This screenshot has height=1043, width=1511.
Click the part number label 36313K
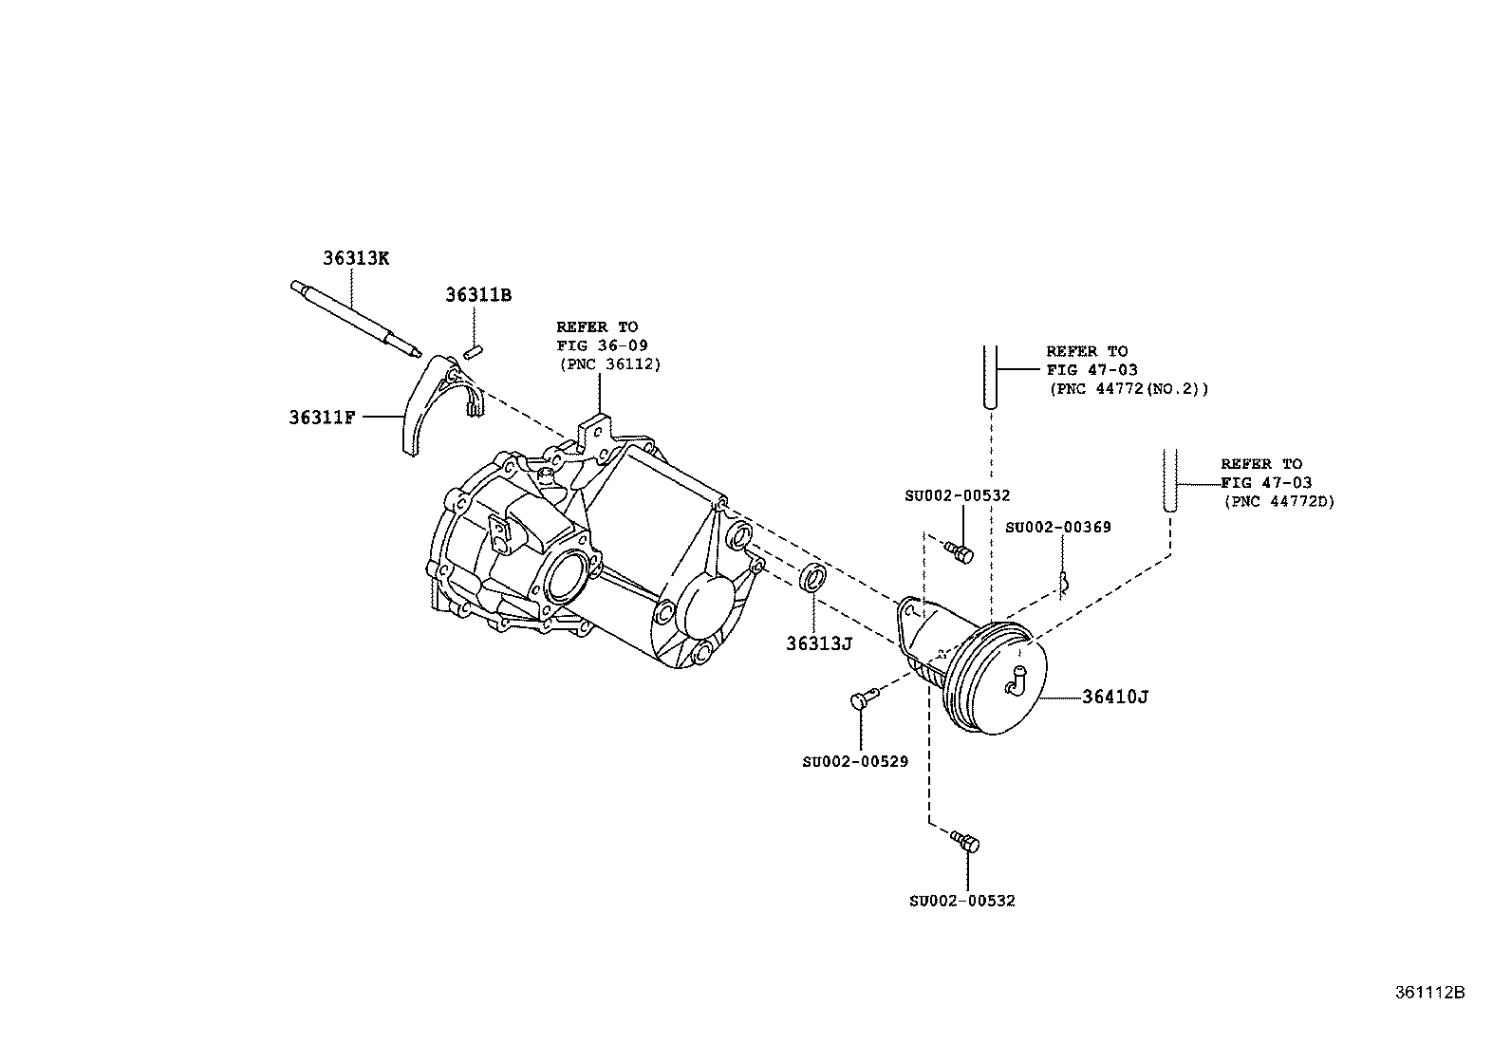coord(356,257)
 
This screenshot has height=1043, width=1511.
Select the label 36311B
coord(478,295)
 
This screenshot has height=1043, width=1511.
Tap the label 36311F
coord(322,417)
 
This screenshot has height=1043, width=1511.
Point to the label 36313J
coord(819,643)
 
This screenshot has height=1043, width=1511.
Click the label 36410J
coord(1115,697)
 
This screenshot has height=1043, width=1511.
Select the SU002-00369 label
coord(1058,527)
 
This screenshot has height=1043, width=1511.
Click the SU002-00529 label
coord(854,761)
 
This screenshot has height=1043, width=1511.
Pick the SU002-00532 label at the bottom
coord(961,901)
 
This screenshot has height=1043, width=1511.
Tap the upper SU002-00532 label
coord(957,495)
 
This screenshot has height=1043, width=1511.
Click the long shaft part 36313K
coord(356,317)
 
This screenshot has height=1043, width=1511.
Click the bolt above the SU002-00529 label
coord(862,699)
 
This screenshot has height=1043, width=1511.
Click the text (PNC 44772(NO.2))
coord(1129,389)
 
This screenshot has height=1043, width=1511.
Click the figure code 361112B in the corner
coord(1429,993)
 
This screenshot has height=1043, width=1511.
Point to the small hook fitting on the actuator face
coord(1015,680)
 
